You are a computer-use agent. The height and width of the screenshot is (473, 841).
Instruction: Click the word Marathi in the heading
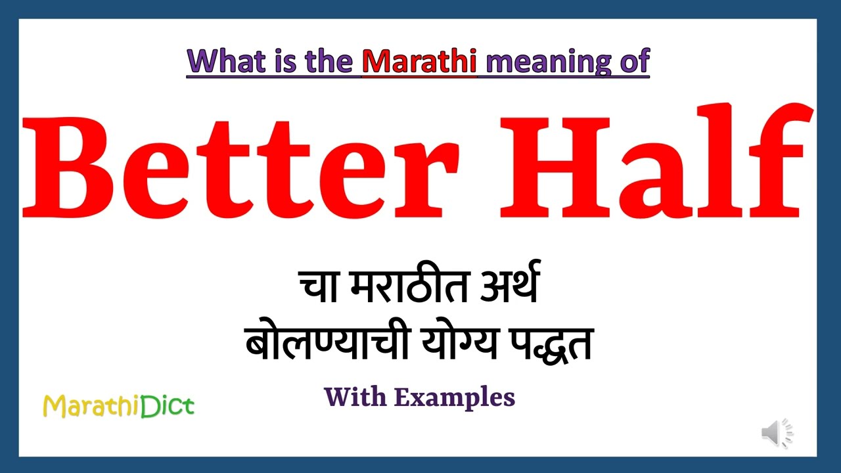[x=419, y=62]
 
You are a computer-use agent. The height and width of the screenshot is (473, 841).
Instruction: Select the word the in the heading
[x=332, y=62]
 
